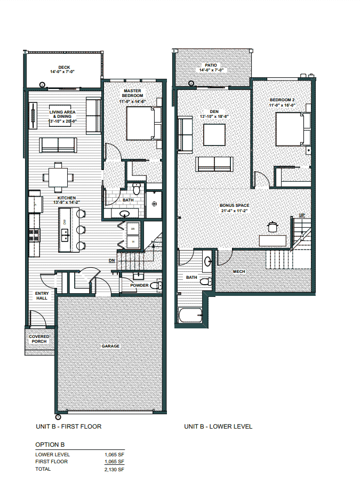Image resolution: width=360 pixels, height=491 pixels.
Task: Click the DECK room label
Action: [x=63, y=67]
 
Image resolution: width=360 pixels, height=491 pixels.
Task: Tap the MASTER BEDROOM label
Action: [x=132, y=93]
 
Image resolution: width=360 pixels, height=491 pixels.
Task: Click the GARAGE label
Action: [x=110, y=346]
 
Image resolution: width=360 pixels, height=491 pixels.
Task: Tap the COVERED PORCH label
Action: [x=39, y=339]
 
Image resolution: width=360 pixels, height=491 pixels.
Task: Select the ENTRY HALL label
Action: [x=42, y=295]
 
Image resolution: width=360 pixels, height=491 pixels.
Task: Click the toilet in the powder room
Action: [x=155, y=286]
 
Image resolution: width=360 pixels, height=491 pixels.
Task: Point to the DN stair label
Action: [x=112, y=261]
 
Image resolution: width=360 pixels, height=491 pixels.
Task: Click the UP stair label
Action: [x=301, y=215]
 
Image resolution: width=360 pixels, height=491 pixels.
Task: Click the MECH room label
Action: [x=238, y=271]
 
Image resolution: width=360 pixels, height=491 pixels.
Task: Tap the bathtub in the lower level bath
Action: [x=190, y=315]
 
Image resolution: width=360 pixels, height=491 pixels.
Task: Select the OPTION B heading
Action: [x=50, y=444]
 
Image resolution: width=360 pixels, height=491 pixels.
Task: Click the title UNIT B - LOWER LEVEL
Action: [x=218, y=426]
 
